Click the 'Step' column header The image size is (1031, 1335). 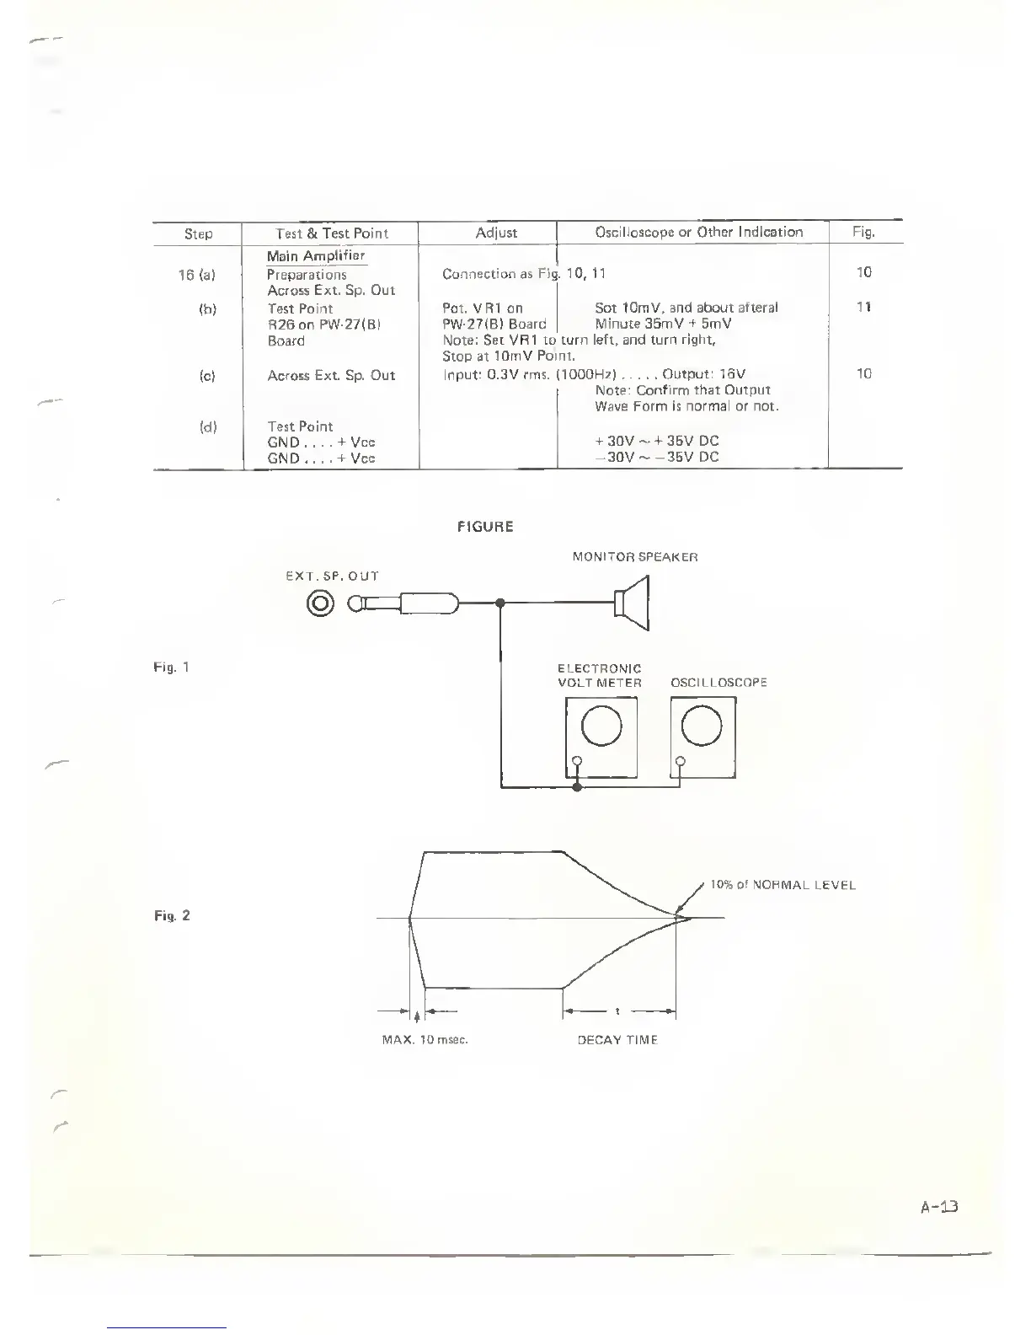198,233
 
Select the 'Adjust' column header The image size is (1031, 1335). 496,233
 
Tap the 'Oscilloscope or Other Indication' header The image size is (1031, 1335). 699,232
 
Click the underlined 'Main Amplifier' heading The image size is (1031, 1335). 316,256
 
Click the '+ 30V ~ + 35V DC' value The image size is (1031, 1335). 657,441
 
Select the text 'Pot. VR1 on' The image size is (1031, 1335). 483,308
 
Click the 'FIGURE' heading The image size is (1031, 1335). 484,527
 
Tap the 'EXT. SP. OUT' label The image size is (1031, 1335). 334,576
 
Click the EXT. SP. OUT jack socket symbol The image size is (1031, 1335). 321,603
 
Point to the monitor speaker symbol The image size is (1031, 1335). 633,603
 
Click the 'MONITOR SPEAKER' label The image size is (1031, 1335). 635,557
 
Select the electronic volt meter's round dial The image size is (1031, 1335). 601,726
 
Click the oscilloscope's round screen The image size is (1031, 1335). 702,726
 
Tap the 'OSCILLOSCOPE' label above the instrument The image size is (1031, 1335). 718,683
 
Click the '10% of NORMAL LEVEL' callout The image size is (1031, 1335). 783,885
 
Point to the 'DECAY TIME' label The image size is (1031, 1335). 617,1040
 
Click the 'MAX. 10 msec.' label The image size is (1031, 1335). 425,1040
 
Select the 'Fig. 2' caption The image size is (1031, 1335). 172,915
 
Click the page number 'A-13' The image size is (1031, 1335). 939,1207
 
